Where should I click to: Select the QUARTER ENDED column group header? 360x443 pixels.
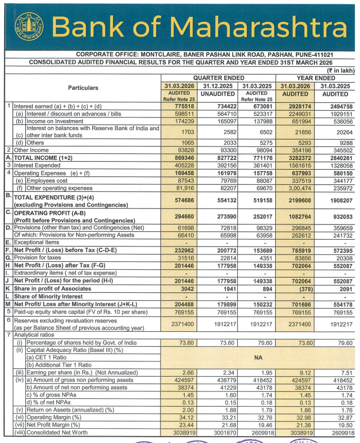point(219,77)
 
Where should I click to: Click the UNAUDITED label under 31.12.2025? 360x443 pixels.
point(218,95)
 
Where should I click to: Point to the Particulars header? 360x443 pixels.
point(83,88)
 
